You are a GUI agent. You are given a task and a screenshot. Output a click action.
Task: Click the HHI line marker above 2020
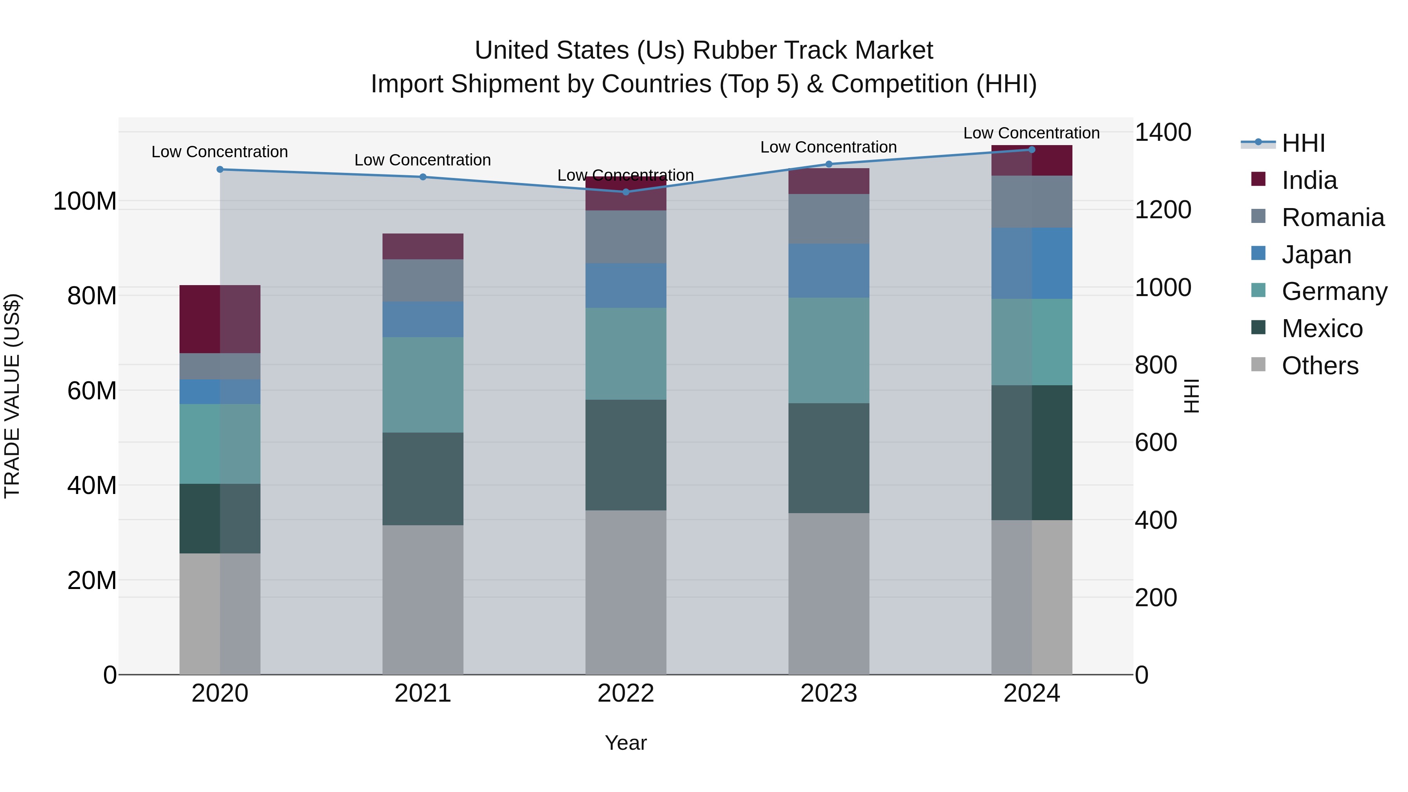pyautogui.click(x=220, y=169)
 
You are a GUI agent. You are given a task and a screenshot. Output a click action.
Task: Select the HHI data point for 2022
pyautogui.click(x=626, y=192)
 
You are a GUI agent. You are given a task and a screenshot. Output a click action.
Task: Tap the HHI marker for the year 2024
pyautogui.click(x=1031, y=150)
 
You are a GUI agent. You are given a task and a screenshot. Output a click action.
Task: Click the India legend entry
pyautogui.click(x=1309, y=180)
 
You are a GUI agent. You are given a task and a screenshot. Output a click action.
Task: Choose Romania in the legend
pyautogui.click(x=1333, y=217)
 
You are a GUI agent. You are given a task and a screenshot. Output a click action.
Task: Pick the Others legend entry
pyautogui.click(x=1320, y=366)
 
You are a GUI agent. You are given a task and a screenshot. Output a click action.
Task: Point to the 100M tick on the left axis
pyautogui.click(x=85, y=201)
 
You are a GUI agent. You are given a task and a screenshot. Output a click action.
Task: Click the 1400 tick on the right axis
pyautogui.click(x=1163, y=132)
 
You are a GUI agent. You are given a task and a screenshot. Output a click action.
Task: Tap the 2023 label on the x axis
pyautogui.click(x=829, y=693)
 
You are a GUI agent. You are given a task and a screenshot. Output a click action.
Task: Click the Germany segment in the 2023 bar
pyautogui.click(x=829, y=350)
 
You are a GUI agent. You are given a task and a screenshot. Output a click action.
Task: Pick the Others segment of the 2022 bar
pyautogui.click(x=626, y=592)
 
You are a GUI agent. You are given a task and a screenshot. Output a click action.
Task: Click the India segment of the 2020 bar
pyautogui.click(x=220, y=319)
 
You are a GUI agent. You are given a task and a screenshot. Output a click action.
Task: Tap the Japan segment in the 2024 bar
pyautogui.click(x=1031, y=263)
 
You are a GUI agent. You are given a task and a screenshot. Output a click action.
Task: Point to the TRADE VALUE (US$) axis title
pyautogui.click(x=12, y=396)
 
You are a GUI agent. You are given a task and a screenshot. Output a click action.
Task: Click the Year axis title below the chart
pyautogui.click(x=626, y=743)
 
